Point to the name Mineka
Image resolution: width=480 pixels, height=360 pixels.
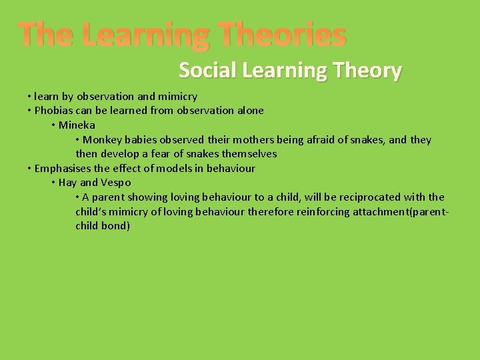tap(77, 125)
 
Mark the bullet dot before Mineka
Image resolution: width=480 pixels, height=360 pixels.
tap(53, 125)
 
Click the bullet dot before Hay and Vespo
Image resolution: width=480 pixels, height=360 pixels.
tap(53, 183)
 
